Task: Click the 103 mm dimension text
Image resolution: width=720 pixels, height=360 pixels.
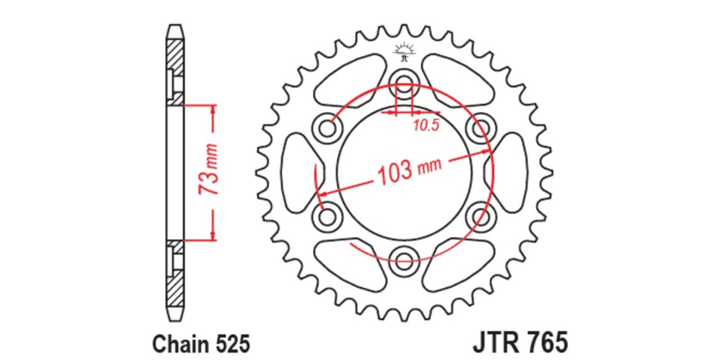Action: pos(409,171)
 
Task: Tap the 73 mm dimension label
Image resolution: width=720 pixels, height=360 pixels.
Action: pos(208,169)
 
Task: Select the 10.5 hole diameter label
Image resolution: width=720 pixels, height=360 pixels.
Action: pos(426,125)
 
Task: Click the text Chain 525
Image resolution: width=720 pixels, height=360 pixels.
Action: pos(201,344)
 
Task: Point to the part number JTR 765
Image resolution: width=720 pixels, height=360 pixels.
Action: pos(520,342)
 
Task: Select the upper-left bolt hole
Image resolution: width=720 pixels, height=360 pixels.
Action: pos(327,129)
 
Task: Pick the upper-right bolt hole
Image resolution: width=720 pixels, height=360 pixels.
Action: pos(481,129)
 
